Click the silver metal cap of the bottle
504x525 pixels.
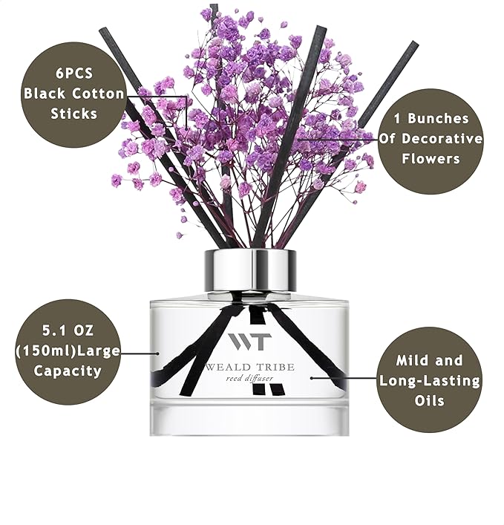click(x=250, y=270)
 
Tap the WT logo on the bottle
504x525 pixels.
click(x=250, y=342)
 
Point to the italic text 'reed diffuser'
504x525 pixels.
click(x=250, y=378)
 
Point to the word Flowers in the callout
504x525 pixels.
click(x=431, y=158)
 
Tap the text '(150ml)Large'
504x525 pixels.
click(x=68, y=350)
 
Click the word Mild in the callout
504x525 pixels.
click(x=409, y=361)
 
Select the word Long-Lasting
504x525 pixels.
click(x=430, y=380)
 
